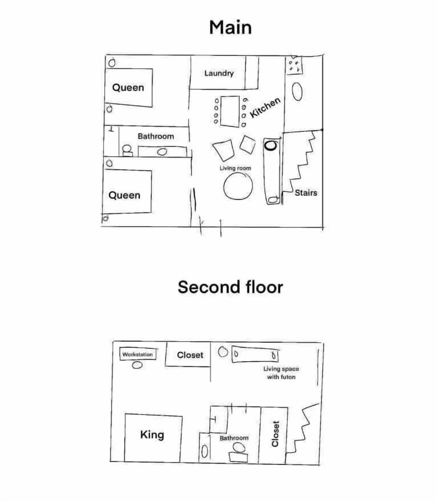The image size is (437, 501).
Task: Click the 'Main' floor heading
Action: (230, 27)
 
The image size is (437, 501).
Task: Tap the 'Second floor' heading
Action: (230, 287)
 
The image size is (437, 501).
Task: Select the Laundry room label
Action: (219, 73)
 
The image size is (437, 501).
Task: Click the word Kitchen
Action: (265, 108)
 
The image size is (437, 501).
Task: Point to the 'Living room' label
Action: (235, 168)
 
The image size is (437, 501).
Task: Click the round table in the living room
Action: (238, 186)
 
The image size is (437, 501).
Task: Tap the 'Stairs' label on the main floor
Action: (306, 193)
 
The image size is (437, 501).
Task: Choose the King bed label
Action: (152, 435)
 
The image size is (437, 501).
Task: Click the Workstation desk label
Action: (137, 354)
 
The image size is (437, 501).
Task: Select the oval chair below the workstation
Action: (137, 365)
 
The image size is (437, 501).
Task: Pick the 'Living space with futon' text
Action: (281, 373)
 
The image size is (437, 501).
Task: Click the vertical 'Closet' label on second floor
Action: (275, 434)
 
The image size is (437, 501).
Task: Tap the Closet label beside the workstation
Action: (190, 355)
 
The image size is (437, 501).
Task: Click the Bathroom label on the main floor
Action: (156, 136)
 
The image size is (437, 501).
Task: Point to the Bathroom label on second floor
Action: (234, 438)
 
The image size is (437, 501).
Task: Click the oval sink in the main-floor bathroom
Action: (162, 152)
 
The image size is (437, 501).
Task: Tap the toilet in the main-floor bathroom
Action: (127, 150)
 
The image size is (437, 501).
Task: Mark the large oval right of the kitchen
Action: (297, 92)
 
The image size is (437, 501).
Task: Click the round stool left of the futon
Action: (223, 352)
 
